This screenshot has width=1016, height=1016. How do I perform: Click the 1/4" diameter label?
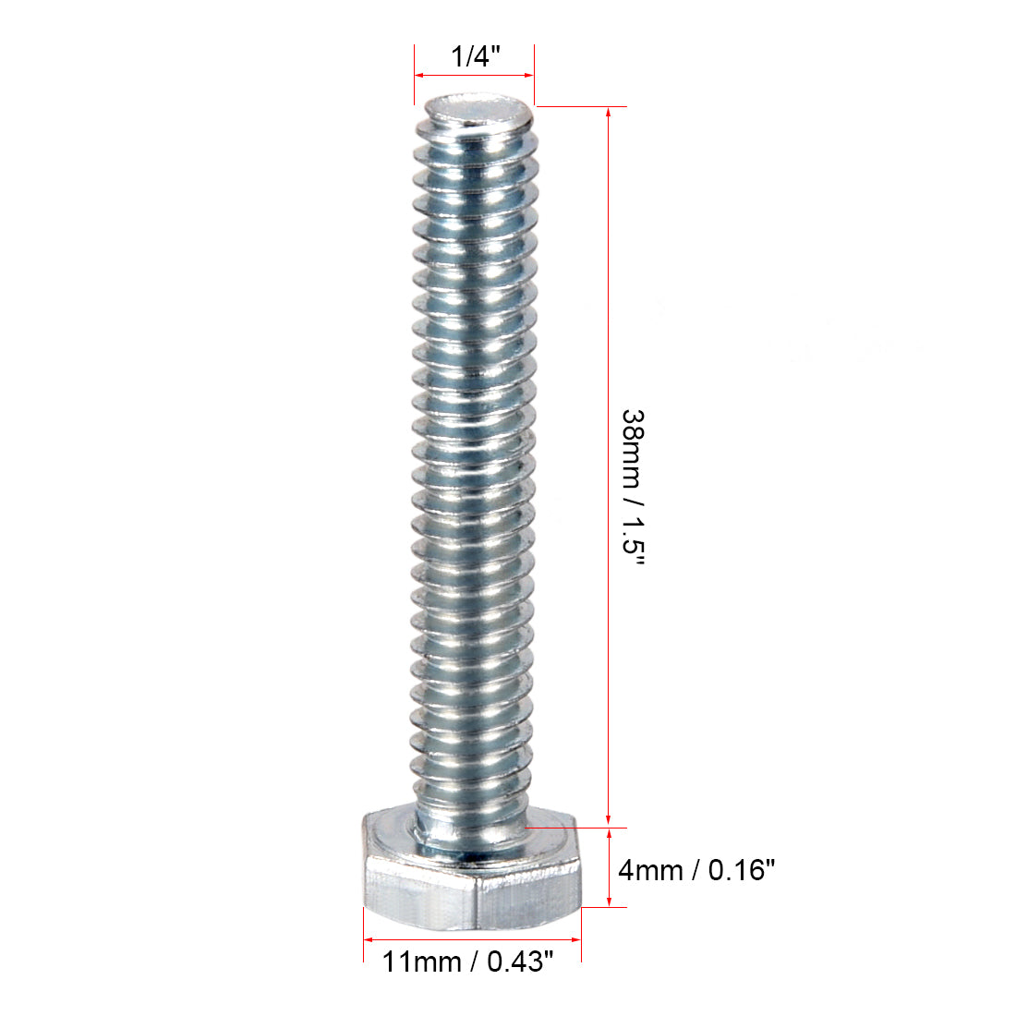475,56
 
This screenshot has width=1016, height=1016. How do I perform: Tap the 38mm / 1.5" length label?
633,490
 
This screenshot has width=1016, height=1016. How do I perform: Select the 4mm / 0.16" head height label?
695,870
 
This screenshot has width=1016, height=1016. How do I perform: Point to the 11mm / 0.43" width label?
468,962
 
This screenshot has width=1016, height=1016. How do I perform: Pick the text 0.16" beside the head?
741,870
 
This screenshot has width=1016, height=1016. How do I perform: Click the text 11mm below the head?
422,962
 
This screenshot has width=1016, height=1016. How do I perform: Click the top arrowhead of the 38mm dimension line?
608,113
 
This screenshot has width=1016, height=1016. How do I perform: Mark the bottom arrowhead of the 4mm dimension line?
608,901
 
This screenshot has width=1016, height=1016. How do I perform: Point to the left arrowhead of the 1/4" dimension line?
419,75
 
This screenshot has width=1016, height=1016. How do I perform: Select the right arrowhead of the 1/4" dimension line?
529,75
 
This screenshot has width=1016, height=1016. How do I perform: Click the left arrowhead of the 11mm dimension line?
369,939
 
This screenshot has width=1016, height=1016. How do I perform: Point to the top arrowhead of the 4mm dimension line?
608,834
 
